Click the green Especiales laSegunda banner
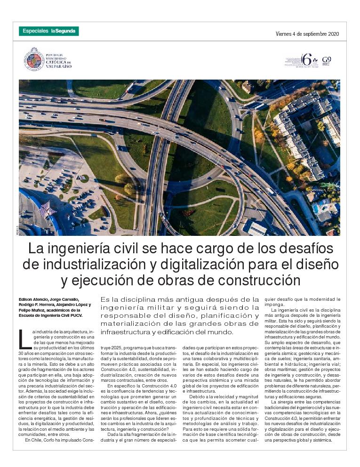pyautogui.click(x=49, y=31)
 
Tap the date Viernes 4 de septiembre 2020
pyautogui.click(x=307, y=34)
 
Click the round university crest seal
pyautogui.click(x=34, y=59)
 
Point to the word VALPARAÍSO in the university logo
pyautogui.click(x=59, y=66)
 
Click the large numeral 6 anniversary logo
pyautogui.click(x=307, y=60)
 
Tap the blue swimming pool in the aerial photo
pyautogui.click(x=316, y=208)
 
